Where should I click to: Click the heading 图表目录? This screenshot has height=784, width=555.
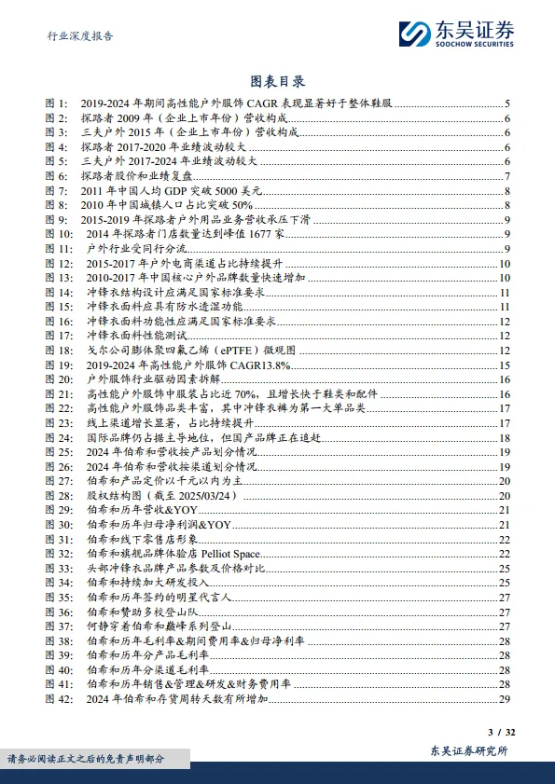point(277,82)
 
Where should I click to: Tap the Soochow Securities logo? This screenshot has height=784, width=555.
point(457,34)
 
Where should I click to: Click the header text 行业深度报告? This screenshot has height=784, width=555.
point(81,36)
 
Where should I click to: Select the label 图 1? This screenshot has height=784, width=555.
point(57,104)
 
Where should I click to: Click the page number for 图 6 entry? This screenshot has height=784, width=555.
point(506,176)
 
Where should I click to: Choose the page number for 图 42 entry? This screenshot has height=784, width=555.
point(504,698)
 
